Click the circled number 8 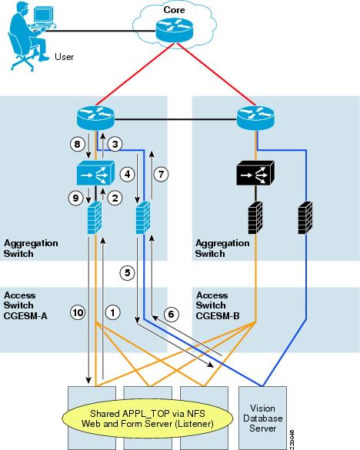pos(77,144)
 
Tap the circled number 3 pos(115,144)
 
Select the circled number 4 pos(127,174)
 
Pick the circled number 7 pos(161,174)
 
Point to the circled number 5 pos(127,272)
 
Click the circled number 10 pos(78,312)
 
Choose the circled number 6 pos(171,314)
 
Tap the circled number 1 pos(113,312)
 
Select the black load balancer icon pos(255,173)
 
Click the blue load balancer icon pos(95,173)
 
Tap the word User pos(65,57)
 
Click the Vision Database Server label pos(262,418)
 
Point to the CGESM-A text pos(25,315)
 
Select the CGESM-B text pos(218,315)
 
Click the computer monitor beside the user pos(43,15)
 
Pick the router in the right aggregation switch pos(255,118)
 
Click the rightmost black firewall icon pos(305,218)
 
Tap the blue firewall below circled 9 pos(95,218)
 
